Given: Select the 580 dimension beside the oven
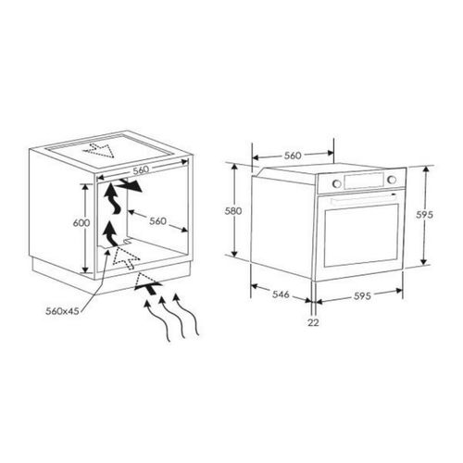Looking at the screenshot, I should pos(234,211).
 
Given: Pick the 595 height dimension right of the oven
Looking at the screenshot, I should pos(424,214).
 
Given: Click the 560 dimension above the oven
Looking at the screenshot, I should pos(293,156).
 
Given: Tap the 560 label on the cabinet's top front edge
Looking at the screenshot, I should pos(142,171).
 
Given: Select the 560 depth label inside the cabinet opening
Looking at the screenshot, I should pos(156,221).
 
